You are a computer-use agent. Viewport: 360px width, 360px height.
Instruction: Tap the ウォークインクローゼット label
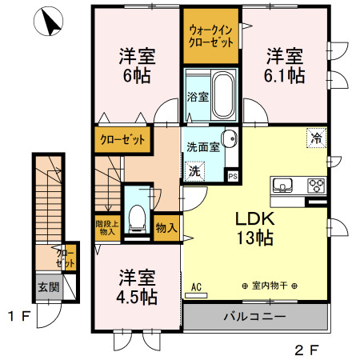point(211,36)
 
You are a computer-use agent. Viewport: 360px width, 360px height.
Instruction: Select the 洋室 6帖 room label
point(136,66)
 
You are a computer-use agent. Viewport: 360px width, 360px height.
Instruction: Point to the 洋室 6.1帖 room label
point(284,66)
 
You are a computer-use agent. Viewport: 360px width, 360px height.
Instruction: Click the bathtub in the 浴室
point(222,95)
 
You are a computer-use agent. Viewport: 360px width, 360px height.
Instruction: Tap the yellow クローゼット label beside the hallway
point(123,141)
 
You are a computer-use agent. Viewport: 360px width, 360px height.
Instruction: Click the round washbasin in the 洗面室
point(229,138)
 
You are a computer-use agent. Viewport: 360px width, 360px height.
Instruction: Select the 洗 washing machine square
point(194,171)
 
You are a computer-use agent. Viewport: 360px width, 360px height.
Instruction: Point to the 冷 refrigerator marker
point(316,138)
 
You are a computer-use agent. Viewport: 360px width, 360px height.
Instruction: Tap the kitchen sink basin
point(282,187)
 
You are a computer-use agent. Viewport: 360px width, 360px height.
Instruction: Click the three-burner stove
point(314,187)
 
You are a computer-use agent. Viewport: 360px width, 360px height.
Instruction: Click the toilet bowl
point(138,215)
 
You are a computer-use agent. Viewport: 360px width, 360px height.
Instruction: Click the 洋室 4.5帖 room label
point(136,286)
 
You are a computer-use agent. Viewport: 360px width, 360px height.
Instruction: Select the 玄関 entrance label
point(47,287)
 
